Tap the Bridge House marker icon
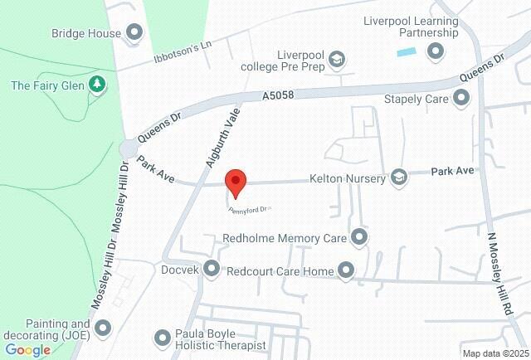pyautogui.click(x=134, y=33)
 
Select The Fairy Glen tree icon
pyautogui.click(x=98, y=85)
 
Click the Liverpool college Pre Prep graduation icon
pyautogui.click(x=336, y=59)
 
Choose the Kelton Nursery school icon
pyautogui.click(x=400, y=177)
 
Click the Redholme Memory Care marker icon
pyautogui.click(x=359, y=238)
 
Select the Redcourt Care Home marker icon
pyautogui.click(x=345, y=270)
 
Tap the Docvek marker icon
pyautogui.click(x=212, y=269)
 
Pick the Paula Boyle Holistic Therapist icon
pyautogui.click(x=163, y=338)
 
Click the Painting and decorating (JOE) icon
pyautogui.click(x=103, y=328)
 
